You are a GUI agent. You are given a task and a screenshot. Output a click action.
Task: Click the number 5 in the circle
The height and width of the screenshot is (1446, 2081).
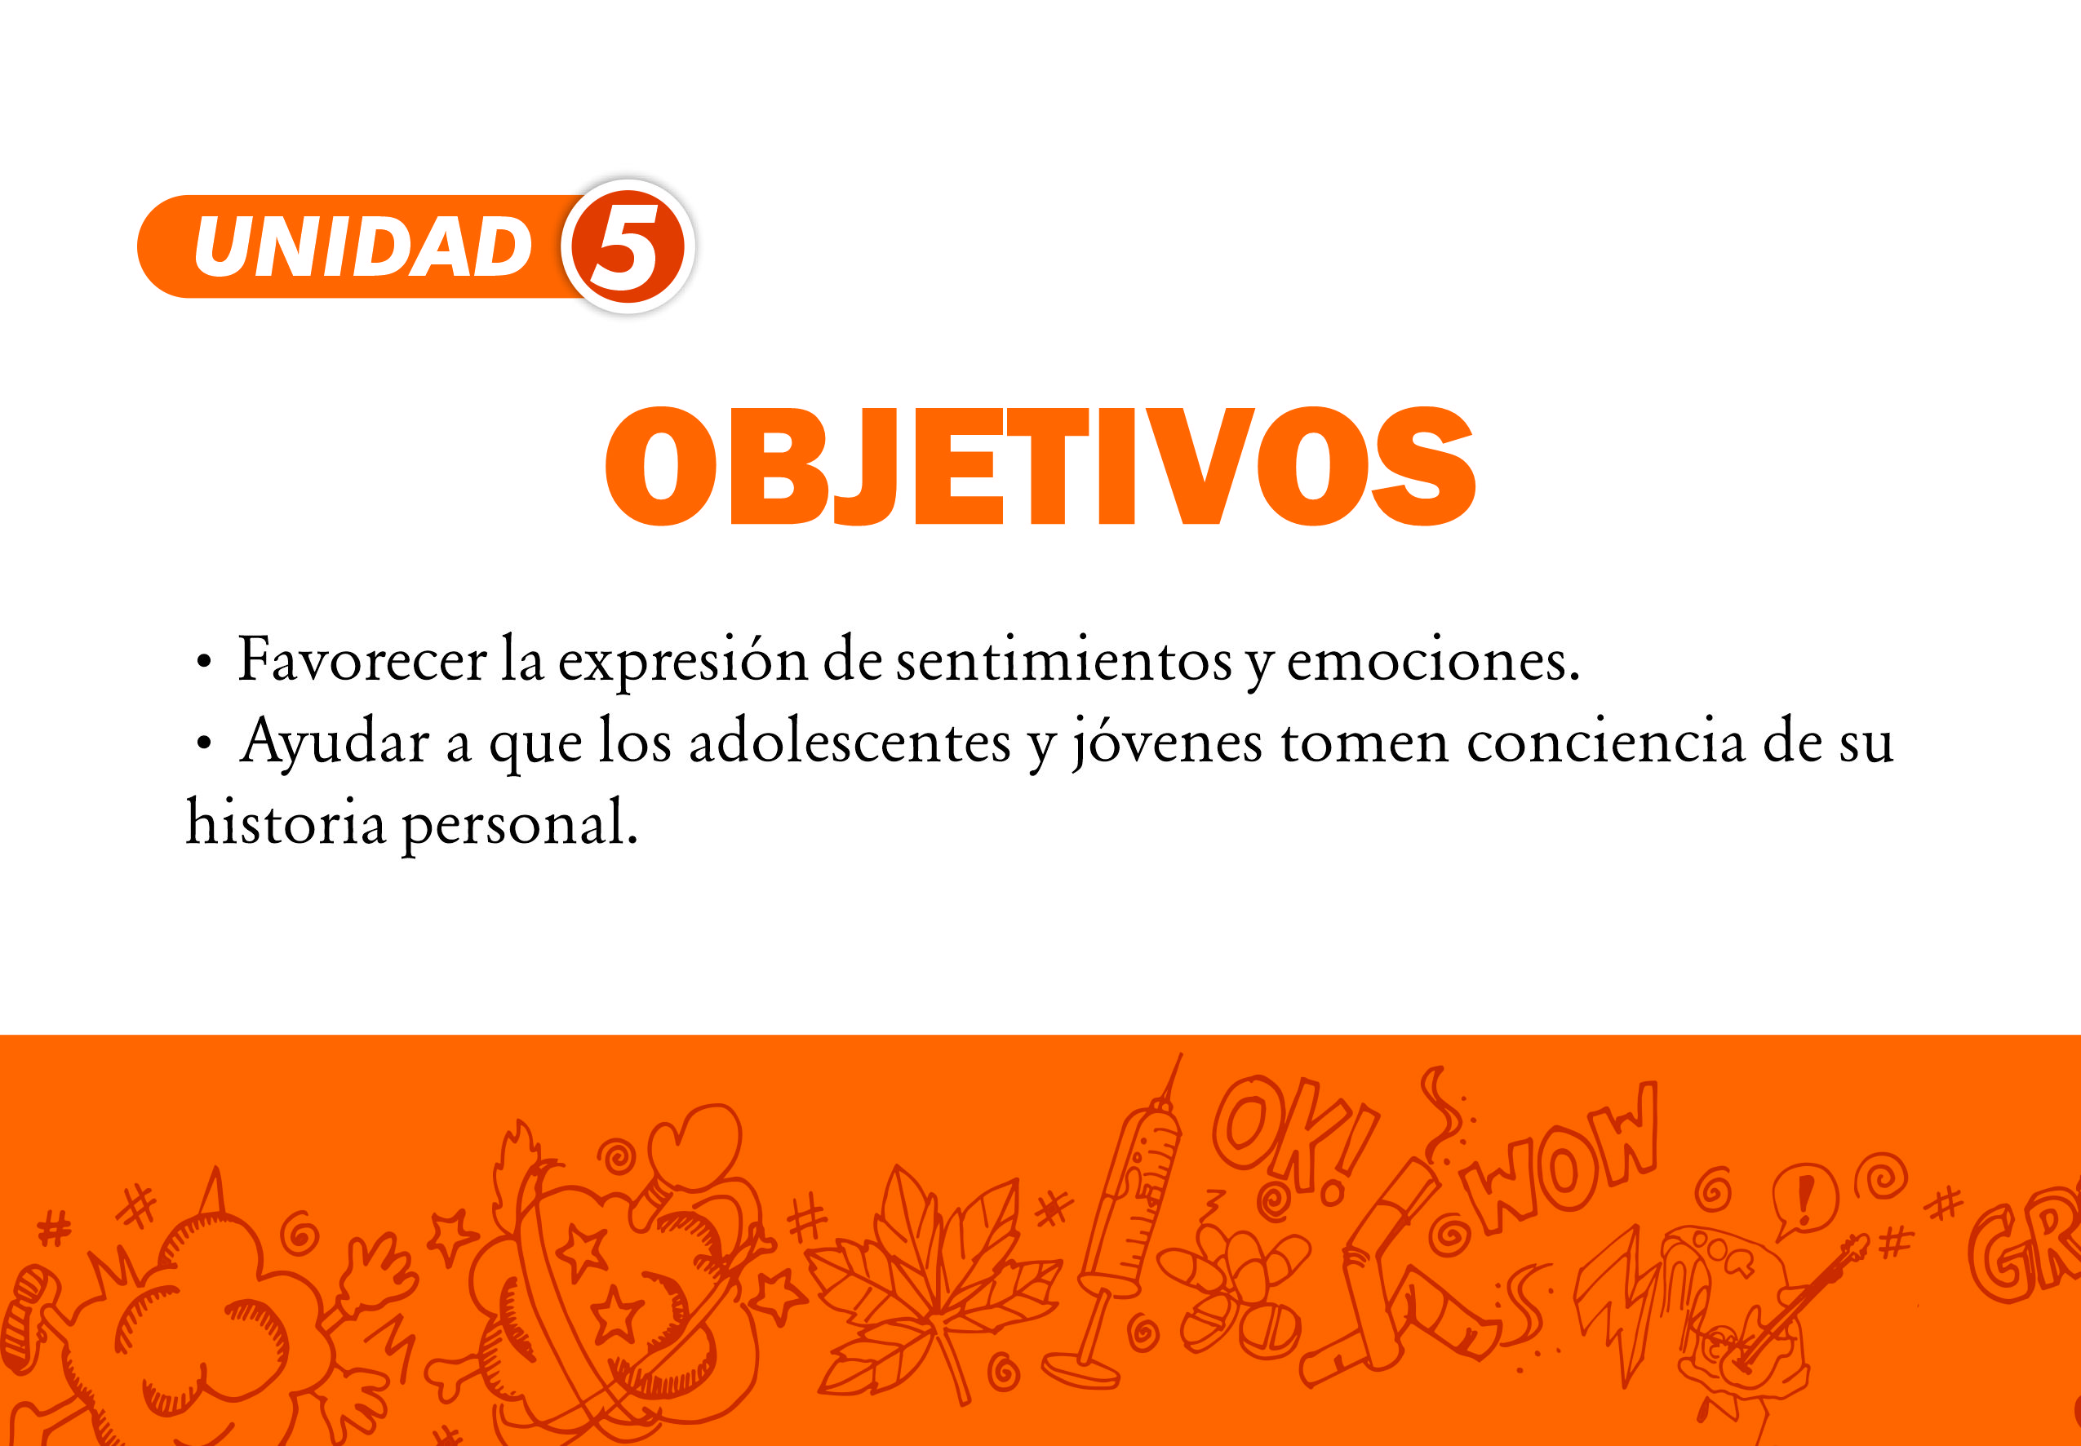coord(625,247)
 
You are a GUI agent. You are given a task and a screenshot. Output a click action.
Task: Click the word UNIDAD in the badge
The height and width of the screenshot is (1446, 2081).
coord(362,247)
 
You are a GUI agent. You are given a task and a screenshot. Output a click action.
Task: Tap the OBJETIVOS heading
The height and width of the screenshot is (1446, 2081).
coord(1040,466)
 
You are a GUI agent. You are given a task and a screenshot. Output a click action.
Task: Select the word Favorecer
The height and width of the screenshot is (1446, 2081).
coord(362,659)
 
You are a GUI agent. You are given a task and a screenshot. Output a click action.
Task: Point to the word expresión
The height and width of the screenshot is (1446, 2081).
coord(681,663)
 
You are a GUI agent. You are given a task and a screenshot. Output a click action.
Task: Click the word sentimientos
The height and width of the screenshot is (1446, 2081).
coord(1063,659)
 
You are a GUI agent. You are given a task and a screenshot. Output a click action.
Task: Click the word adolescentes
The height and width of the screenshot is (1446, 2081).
coord(849,742)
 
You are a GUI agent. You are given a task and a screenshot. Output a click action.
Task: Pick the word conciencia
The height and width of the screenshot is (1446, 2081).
coord(1605,742)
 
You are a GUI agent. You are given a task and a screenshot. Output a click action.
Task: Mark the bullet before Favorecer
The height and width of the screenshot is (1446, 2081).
coord(204,663)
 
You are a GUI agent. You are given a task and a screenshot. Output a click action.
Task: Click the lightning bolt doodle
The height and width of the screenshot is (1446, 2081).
coord(1622,1305)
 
